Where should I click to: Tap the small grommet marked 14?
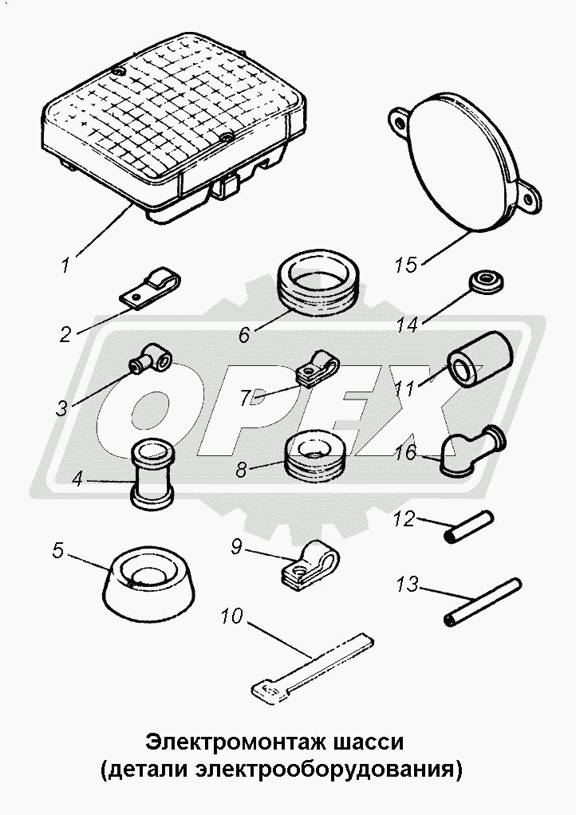(x=487, y=281)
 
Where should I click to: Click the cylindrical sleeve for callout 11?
(x=481, y=359)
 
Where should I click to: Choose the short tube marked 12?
(x=469, y=527)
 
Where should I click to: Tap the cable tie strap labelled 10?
(x=312, y=667)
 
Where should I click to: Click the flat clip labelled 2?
(x=150, y=289)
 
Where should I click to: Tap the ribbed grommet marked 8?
(x=316, y=455)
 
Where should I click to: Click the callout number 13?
(x=406, y=585)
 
